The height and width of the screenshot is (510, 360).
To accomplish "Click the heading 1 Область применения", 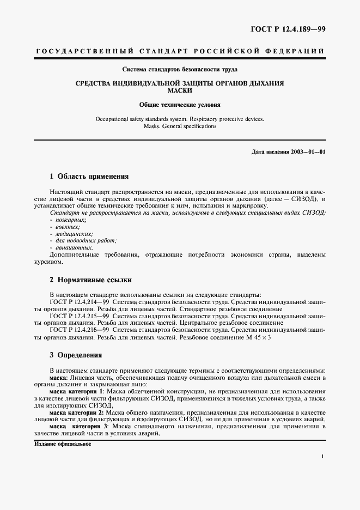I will click(89, 177).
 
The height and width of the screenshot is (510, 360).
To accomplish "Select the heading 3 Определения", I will click(76, 354).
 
